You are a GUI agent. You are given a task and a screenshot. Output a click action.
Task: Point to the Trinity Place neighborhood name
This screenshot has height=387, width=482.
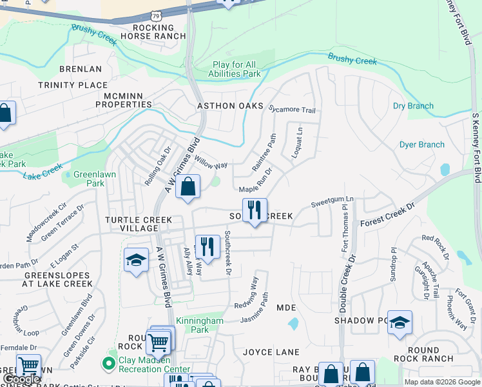pyautogui.click(x=73, y=85)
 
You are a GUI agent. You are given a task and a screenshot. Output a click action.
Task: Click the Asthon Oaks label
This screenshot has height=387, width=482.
pyautogui.click(x=230, y=105)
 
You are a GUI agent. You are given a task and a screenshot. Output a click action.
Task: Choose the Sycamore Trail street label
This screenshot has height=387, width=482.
pyautogui.click(x=292, y=110)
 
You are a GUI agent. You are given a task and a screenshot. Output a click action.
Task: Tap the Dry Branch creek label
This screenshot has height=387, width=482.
pyautogui.click(x=413, y=106)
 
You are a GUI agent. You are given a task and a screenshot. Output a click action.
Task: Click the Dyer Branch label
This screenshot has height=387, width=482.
pyautogui.click(x=422, y=144)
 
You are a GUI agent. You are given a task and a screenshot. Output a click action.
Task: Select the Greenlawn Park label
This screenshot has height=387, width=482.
pyautogui.click(x=89, y=179)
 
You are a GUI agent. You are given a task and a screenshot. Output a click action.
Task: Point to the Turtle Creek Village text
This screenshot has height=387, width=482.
pyautogui.click(x=139, y=224)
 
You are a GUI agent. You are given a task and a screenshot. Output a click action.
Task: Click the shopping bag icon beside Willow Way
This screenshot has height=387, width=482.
pyautogui.click(x=187, y=188)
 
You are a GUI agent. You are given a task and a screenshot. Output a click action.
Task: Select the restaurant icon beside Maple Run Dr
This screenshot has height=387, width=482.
pyautogui.click(x=255, y=210)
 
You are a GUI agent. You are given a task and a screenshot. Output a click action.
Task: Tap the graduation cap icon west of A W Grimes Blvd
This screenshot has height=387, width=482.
pyautogui.click(x=135, y=260)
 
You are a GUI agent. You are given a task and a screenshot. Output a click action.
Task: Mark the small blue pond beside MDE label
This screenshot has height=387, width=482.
pyautogui.click(x=294, y=323)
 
